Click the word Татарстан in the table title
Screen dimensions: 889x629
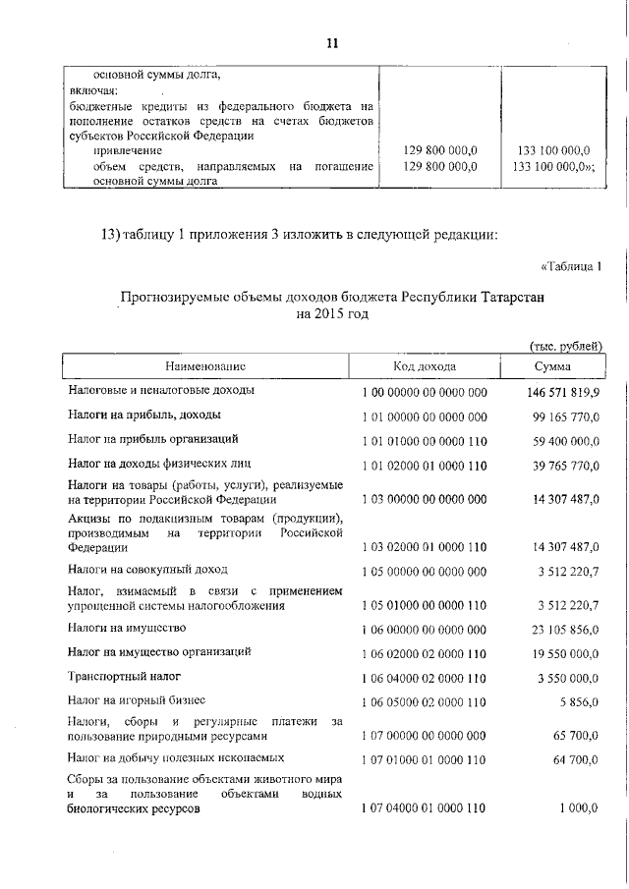[505, 296]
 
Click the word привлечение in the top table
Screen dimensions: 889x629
[127, 150]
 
